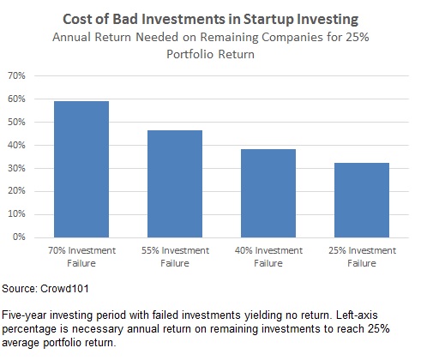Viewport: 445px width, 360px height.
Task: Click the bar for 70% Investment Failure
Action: [x=81, y=169]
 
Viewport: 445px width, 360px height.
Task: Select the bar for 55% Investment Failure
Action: [x=175, y=183]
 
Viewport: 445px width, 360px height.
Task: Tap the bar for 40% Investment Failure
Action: [x=268, y=193]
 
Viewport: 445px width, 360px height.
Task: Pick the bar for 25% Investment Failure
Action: [x=362, y=200]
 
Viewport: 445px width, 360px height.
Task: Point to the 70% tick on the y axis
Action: [x=16, y=75]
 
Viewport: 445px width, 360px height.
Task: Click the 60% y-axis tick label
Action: [x=16, y=99]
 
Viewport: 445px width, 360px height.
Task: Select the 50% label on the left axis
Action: [x=16, y=122]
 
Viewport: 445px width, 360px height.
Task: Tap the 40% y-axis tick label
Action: [x=16, y=145]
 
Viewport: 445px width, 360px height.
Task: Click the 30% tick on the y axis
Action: [x=16, y=168]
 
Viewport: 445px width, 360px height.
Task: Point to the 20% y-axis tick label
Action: [x=16, y=191]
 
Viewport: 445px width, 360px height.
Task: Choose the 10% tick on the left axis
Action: [x=16, y=214]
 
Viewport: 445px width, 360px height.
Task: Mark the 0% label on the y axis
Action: [x=19, y=237]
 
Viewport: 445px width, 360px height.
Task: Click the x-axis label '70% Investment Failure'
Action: [x=81, y=256]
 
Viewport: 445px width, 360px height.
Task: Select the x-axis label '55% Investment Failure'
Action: [x=175, y=256]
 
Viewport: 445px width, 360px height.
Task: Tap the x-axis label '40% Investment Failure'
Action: [x=268, y=256]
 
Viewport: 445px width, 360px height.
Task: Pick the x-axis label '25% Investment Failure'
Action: [x=362, y=256]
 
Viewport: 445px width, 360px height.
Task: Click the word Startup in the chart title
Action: [x=268, y=20]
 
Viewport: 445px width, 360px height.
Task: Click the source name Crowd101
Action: [x=64, y=289]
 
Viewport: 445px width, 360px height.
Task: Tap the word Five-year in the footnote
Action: [x=24, y=315]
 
